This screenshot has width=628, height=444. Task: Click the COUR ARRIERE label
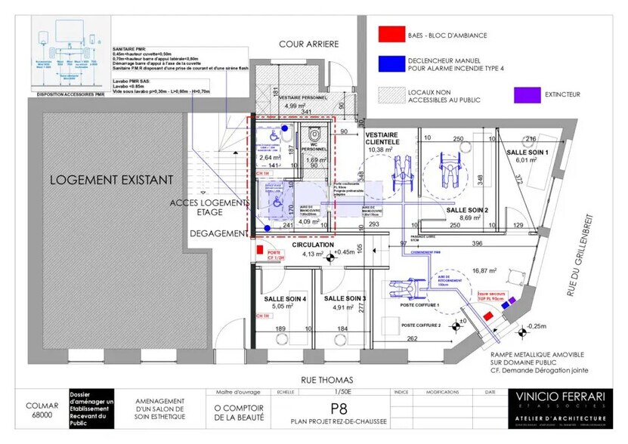(x=308, y=45)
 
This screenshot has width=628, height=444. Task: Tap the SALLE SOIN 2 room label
(x=467, y=209)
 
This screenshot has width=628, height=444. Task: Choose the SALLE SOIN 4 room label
(x=285, y=299)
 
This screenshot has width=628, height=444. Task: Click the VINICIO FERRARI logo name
(x=560, y=396)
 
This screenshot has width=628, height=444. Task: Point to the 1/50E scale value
(x=328, y=392)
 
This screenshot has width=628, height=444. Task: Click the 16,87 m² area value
(x=484, y=269)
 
